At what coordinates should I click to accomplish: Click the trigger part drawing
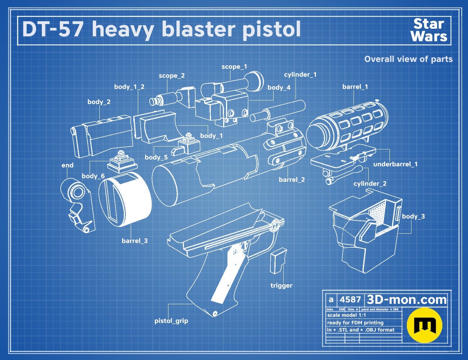tap(278, 261)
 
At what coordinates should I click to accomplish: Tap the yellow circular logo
tap(424, 325)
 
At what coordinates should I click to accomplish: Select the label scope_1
tap(234, 67)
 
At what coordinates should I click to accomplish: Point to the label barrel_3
tap(135, 241)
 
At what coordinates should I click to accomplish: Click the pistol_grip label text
tap(171, 321)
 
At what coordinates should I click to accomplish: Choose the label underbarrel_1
tap(395, 164)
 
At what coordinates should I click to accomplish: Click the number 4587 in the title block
tap(350, 300)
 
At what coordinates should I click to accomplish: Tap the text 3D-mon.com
tap(406, 300)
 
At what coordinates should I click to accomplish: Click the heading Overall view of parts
tap(408, 59)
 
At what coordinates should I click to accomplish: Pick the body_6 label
tap(93, 176)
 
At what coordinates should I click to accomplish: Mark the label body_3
tap(413, 216)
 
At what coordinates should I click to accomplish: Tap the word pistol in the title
tap(271, 29)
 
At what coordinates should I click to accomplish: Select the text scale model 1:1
tap(347, 315)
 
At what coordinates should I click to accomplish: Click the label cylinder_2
tap(370, 184)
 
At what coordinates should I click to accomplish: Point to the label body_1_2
tap(129, 87)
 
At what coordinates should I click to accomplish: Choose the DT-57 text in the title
tap(53, 29)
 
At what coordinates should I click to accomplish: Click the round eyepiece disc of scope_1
tap(255, 81)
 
